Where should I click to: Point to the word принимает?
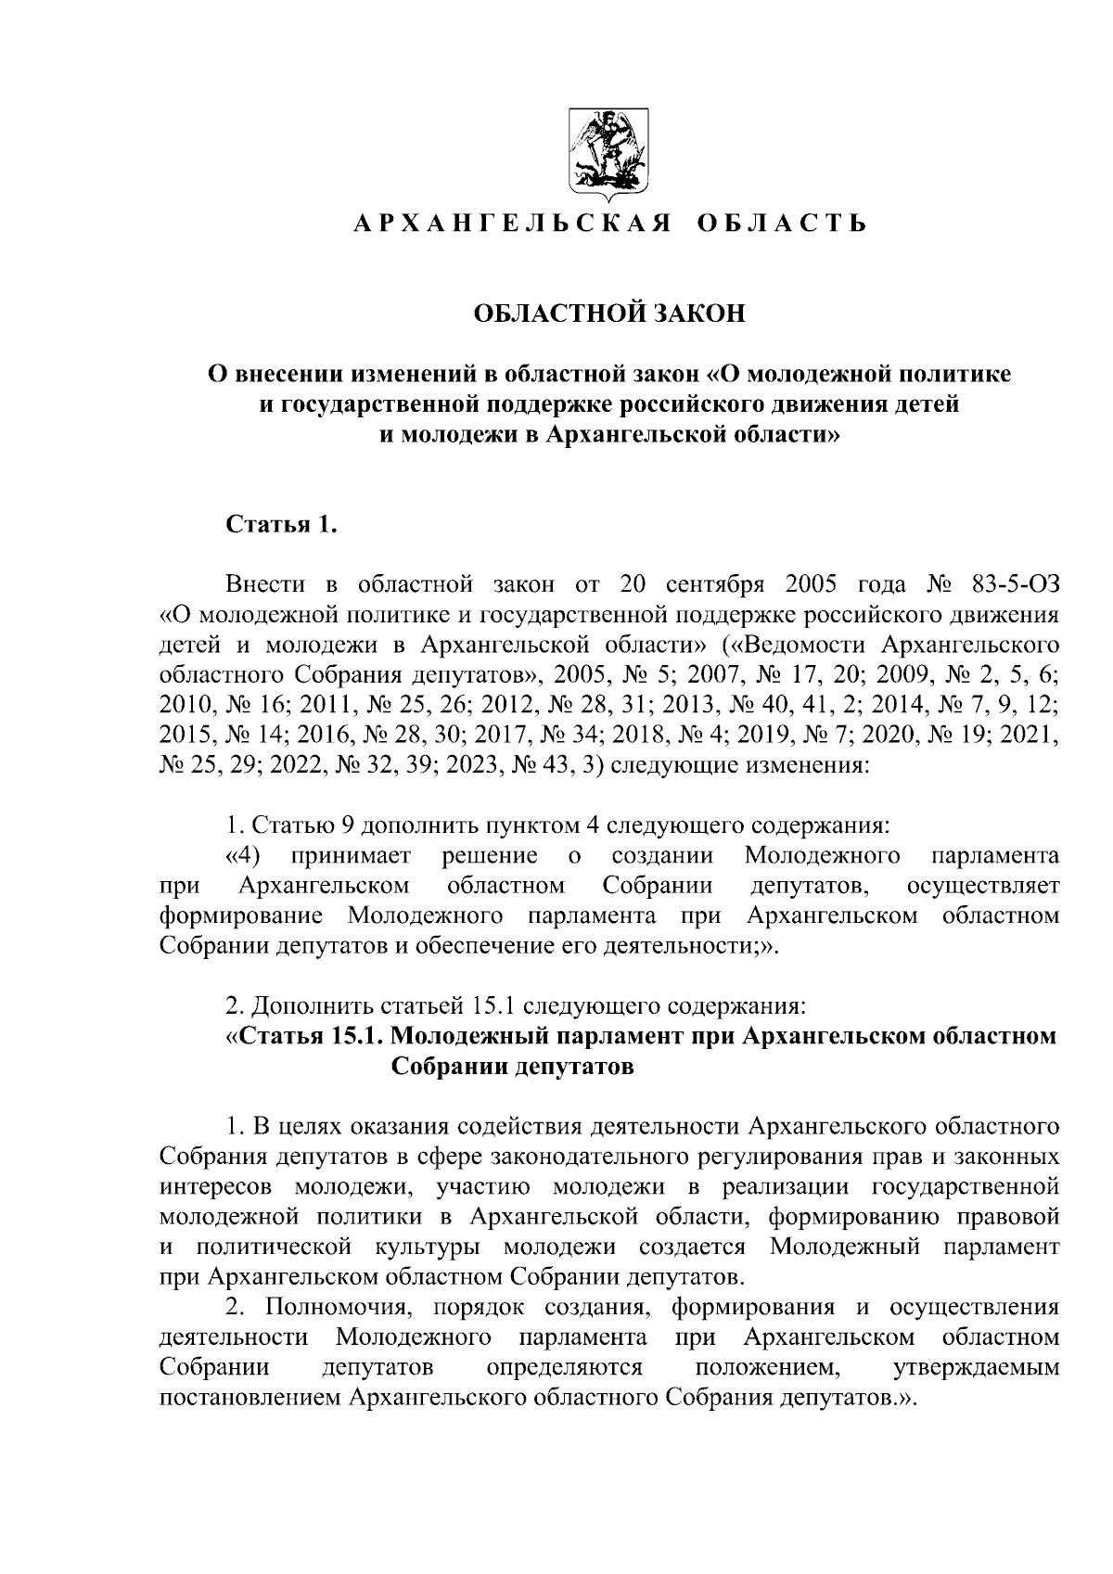pyautogui.click(x=351, y=855)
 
